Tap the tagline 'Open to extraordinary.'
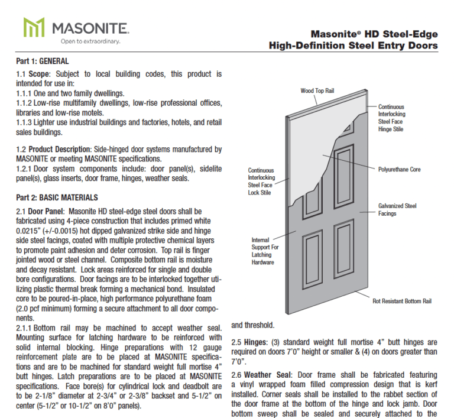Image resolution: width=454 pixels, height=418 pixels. coord(90,41)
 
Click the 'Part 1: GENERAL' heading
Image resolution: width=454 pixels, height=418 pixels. coord(42,61)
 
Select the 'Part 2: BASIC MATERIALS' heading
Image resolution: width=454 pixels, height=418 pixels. coord(57,197)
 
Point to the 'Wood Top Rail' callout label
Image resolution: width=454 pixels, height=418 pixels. coord(317,91)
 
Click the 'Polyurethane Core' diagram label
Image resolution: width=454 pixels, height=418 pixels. coord(399,170)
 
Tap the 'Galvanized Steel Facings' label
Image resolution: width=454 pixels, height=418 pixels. coord(397,209)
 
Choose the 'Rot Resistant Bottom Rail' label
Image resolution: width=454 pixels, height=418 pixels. coord(402,301)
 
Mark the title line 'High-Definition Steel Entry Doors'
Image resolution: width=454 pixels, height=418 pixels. coord(353,46)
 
